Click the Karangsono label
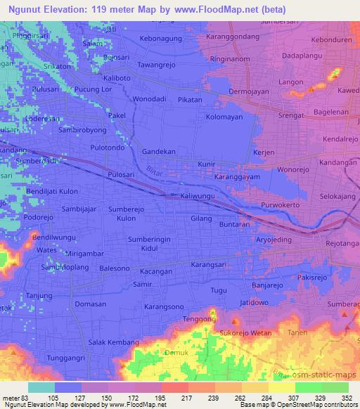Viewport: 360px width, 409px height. click(x=164, y=307)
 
